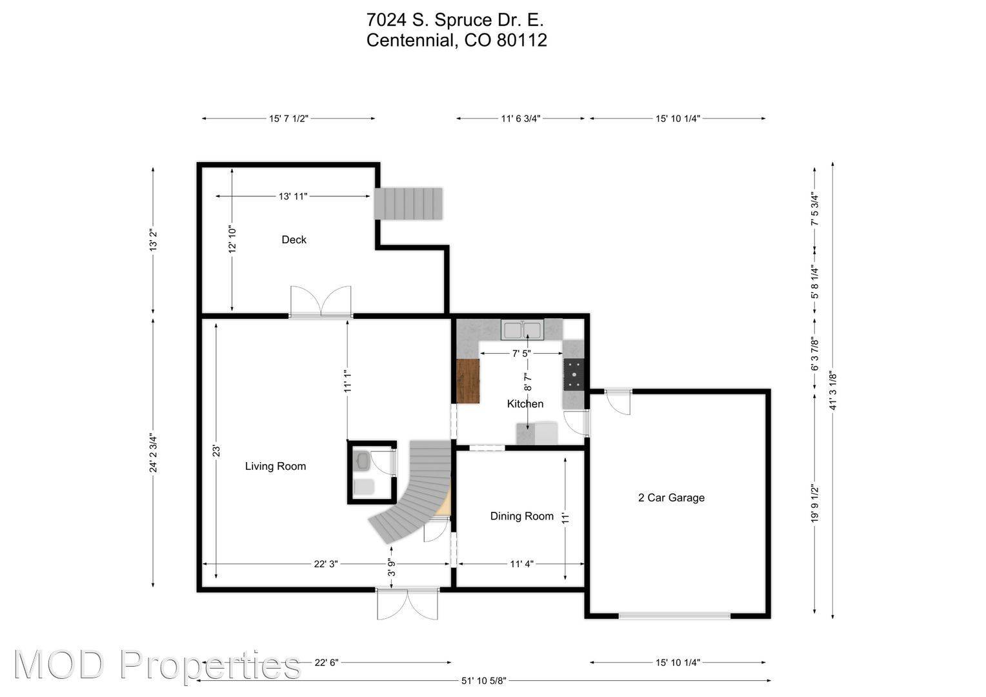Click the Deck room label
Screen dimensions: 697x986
(x=294, y=239)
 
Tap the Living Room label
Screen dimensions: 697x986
(x=275, y=466)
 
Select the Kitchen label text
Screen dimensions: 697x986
(x=525, y=403)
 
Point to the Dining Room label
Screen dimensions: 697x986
(x=521, y=516)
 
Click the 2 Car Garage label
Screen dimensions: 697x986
(x=671, y=498)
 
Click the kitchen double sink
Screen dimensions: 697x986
(x=523, y=330)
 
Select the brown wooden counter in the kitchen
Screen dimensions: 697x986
(x=468, y=381)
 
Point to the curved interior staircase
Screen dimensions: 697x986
(x=413, y=490)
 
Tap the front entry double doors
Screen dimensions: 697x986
(x=408, y=603)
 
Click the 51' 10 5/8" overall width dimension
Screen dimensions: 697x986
(x=484, y=680)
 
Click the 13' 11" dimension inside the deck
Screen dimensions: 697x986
(x=293, y=196)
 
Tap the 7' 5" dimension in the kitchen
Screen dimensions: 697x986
(x=521, y=354)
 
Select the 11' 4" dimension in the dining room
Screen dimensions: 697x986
(x=521, y=564)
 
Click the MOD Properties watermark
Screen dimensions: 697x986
(x=157, y=665)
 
